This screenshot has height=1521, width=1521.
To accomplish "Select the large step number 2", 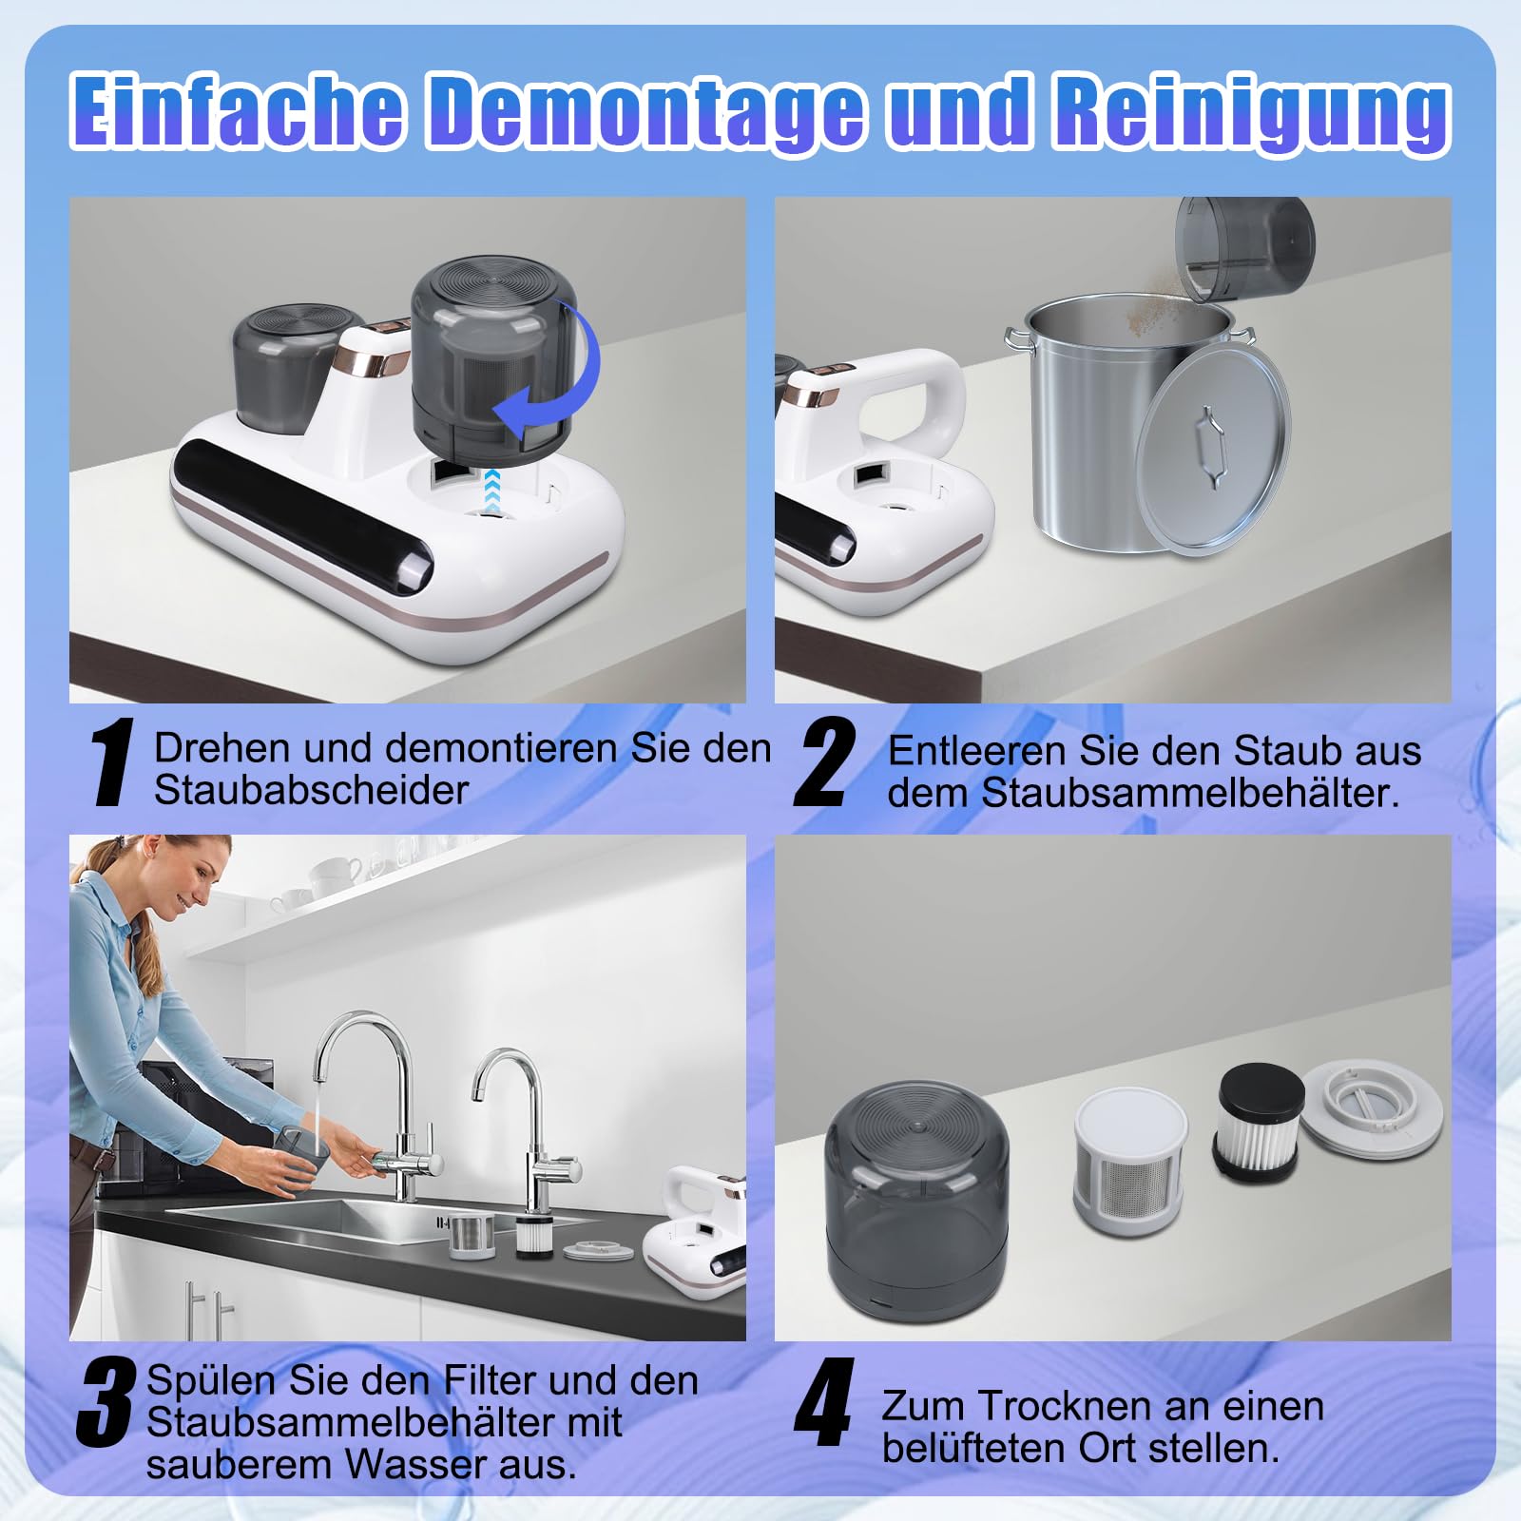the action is tap(825, 763).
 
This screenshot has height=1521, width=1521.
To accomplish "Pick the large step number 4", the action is tap(824, 1402).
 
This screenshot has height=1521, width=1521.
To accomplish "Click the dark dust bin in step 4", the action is tap(916, 1200).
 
